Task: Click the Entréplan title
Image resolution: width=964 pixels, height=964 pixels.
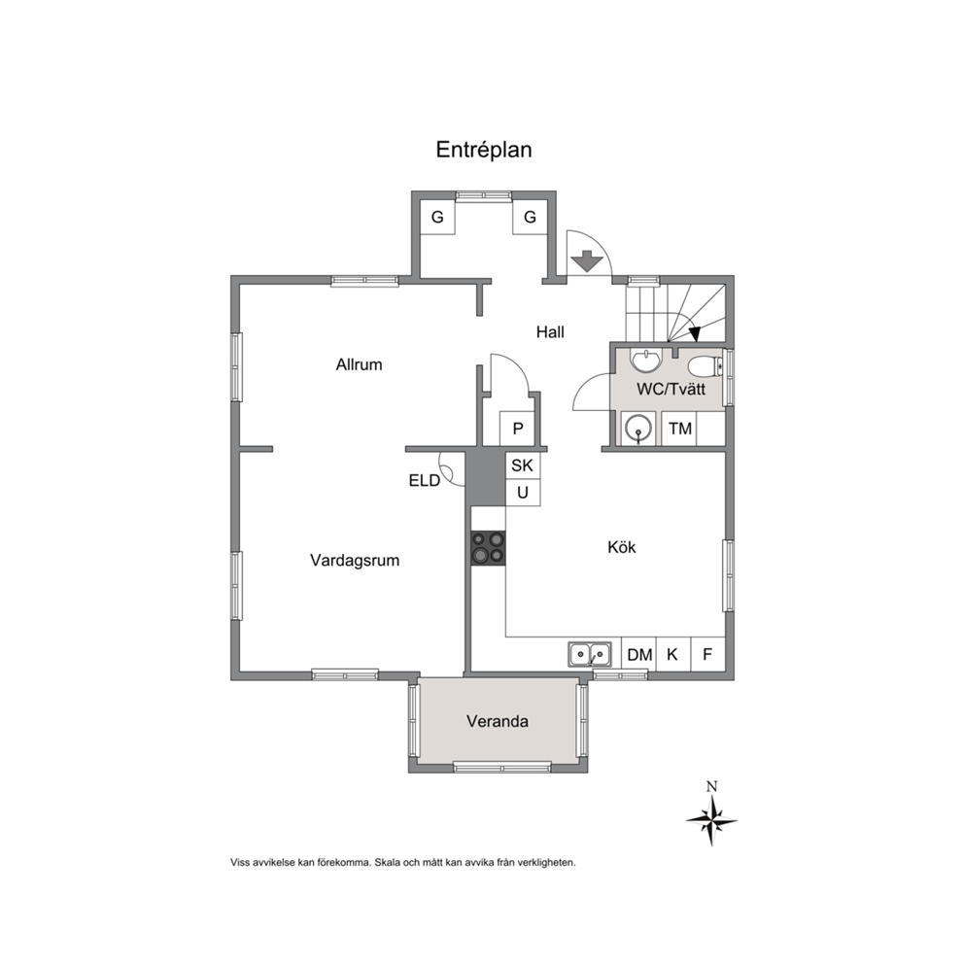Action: coord(484,150)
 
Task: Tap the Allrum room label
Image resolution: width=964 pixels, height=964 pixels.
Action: coord(359,364)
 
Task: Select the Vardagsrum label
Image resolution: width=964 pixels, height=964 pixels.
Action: coord(355,561)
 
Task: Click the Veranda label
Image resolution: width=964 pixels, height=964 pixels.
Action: coord(498,721)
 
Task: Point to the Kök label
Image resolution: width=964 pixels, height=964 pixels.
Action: coord(622,547)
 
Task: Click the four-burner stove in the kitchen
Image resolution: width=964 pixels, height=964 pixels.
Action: coord(489,548)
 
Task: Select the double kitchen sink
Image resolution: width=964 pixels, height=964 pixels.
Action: coord(590,654)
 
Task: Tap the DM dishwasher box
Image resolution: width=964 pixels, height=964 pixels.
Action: coord(639,655)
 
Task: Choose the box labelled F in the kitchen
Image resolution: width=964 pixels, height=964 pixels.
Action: coord(708,655)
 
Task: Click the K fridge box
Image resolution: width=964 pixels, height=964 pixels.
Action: coord(673,655)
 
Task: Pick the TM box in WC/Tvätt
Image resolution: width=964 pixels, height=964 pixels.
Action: coord(679,429)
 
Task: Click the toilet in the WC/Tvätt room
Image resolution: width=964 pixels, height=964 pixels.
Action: coord(706,367)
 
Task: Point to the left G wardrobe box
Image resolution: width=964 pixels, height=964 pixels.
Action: coord(437,217)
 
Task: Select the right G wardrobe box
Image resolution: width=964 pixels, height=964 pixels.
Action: coord(530,217)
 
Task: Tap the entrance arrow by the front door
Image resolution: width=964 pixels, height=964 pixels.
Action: coord(588,261)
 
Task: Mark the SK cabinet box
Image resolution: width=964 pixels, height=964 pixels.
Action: coord(523,465)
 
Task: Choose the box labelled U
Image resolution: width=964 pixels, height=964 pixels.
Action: coord(523,493)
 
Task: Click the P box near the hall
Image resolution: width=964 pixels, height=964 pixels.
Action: coord(517,429)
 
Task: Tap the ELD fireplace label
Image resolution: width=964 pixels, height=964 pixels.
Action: coord(425,480)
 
